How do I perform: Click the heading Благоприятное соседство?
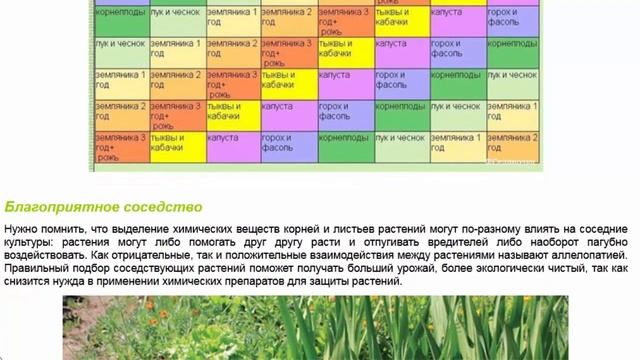click(x=104, y=207)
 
